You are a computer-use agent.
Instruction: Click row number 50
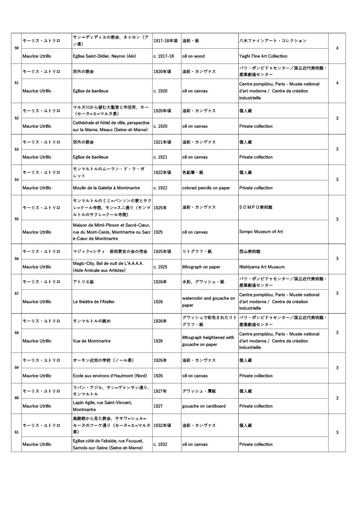tap(16, 48)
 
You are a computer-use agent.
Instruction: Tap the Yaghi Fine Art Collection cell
tap(263, 56)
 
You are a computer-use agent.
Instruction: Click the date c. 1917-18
tap(164, 56)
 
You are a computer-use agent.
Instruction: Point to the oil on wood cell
tap(193, 56)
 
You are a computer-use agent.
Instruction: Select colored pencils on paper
tap(202, 188)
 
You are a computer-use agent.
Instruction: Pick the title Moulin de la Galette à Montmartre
tap(106, 188)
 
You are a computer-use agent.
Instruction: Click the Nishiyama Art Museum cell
tap(262, 267)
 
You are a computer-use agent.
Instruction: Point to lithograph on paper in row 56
tap(201, 267)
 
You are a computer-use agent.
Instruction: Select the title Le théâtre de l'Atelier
tap(97, 301)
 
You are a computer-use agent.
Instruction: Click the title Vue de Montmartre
tap(91, 341)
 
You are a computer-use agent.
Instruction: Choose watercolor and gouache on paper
tap(208, 302)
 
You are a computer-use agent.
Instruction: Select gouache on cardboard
tap(203, 406)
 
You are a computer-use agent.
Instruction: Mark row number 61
tap(16, 432)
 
